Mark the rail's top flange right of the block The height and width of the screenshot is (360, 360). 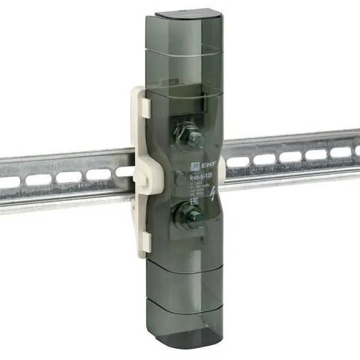pyautogui.click(x=288, y=140)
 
